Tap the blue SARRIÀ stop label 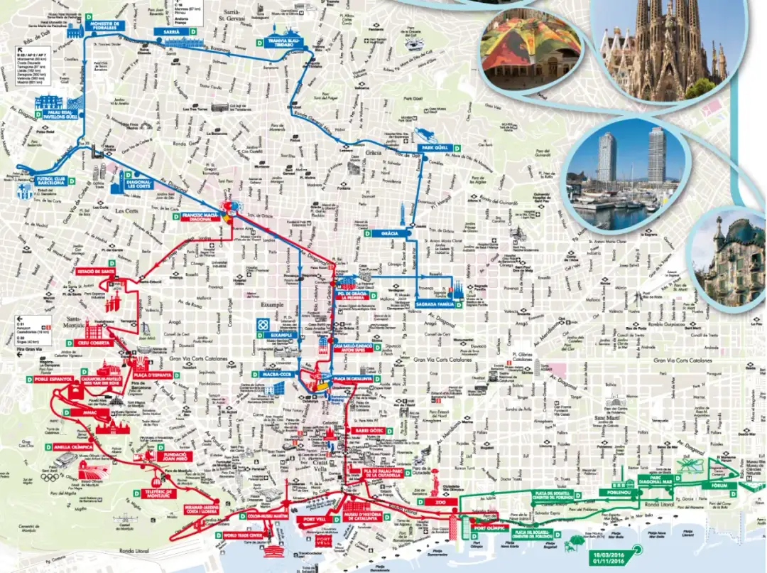(x=171, y=33)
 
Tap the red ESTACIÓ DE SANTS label (x=97, y=271)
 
